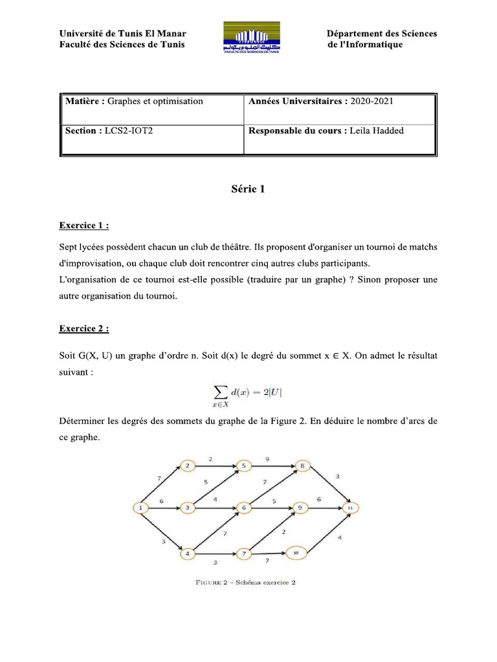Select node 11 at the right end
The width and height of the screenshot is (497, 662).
coord(350,509)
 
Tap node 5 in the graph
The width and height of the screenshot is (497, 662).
coord(243,465)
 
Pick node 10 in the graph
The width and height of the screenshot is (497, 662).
coord(295,553)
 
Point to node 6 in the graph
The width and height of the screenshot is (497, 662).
coord(243,509)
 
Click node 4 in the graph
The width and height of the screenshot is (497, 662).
coord(187,553)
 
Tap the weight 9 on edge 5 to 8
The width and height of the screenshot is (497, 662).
coord(268,459)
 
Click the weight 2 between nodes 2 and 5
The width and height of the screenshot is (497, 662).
coord(210,458)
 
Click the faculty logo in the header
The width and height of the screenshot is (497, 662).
coord(252,39)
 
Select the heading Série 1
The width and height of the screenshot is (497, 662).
coord(248,189)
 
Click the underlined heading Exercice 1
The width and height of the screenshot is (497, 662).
coord(83,226)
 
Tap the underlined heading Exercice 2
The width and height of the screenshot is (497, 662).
coord(83,328)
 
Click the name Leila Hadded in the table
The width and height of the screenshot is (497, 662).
coord(376,131)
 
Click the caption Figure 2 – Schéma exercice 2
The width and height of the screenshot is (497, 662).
coord(245,582)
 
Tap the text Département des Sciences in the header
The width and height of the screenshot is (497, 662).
coord(381,34)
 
